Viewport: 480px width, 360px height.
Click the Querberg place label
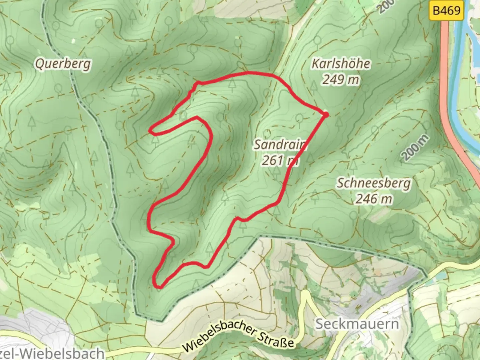[63, 63]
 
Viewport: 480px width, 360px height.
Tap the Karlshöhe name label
[341, 63]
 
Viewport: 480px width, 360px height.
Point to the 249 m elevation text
[341, 79]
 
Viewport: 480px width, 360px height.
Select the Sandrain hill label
[279, 145]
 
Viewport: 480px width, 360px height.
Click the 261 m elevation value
[279, 161]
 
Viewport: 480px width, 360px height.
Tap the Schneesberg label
[374, 183]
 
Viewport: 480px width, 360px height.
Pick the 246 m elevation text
[374, 199]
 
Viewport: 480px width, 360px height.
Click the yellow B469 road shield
[446, 11]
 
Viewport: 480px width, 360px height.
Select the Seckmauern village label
[357, 324]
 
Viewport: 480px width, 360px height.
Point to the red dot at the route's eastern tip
[326, 114]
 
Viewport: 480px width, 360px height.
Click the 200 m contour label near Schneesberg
[415, 148]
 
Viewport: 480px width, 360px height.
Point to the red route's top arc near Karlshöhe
[247, 73]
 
